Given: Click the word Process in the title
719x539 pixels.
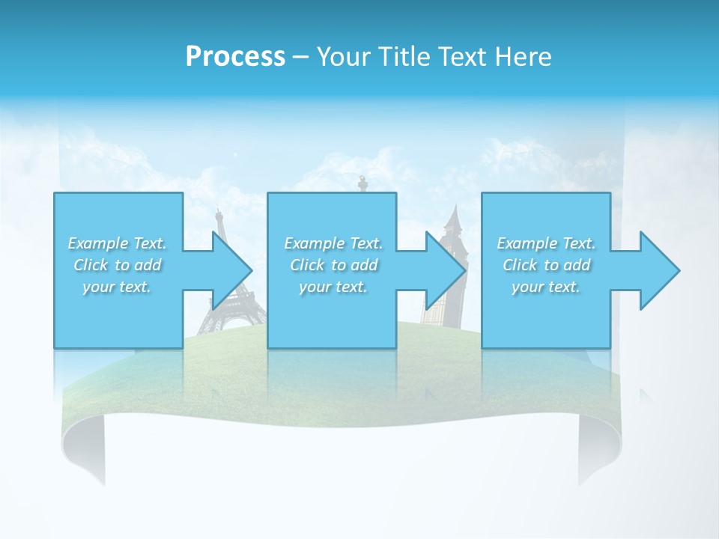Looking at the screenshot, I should [x=235, y=57].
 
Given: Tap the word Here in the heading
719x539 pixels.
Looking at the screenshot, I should [x=524, y=57].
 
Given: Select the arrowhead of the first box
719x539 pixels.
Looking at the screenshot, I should [x=231, y=270].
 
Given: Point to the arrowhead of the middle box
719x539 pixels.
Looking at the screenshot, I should [x=446, y=270].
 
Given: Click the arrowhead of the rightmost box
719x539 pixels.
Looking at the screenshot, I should [x=660, y=270].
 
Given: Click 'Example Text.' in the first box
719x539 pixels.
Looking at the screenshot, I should [x=117, y=243].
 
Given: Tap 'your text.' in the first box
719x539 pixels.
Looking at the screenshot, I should [x=117, y=287].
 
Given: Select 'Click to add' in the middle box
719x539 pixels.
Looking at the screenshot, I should [x=333, y=265].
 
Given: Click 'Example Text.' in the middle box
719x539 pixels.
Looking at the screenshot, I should [x=333, y=243].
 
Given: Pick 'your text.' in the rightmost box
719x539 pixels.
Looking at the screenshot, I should [x=546, y=287].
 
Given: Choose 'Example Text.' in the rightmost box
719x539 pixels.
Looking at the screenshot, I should [x=546, y=243].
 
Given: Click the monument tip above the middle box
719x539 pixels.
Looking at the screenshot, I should [x=363, y=182].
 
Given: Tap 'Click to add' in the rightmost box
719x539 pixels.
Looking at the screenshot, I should [x=546, y=265].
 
